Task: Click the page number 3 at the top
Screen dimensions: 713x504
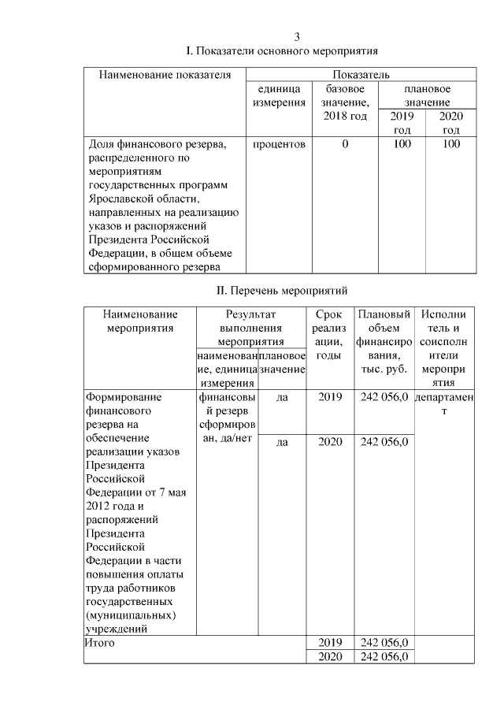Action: point(297,37)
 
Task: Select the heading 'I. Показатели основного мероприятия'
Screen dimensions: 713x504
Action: point(281,51)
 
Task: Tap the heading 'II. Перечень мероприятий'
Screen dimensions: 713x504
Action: point(281,291)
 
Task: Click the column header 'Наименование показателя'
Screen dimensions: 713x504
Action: point(165,75)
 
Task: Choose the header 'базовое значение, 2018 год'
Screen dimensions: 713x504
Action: point(345,102)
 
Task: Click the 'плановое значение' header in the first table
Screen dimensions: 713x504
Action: point(428,96)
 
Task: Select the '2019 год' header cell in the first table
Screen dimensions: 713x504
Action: point(402,123)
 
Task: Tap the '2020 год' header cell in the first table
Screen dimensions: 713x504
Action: point(451,123)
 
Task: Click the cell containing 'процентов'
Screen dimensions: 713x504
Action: point(278,145)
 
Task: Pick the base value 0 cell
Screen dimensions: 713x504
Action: point(345,145)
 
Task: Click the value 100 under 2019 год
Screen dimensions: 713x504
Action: point(402,145)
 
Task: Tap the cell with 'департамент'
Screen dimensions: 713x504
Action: point(444,404)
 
